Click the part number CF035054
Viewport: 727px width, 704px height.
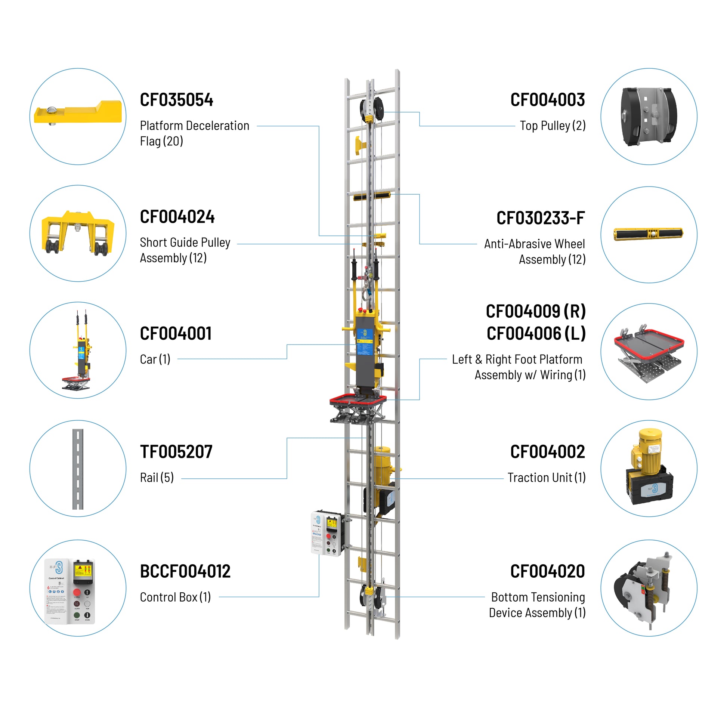pos(176,100)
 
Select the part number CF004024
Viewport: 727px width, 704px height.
pos(177,217)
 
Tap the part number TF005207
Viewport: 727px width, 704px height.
pos(176,452)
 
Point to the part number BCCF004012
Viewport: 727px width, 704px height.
pos(185,571)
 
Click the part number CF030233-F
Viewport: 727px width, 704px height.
pos(540,218)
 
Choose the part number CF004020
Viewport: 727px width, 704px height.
pos(547,571)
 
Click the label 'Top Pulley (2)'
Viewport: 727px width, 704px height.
pos(553,126)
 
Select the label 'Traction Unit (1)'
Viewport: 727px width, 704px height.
pos(546,478)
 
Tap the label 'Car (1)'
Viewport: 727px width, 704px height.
pos(155,359)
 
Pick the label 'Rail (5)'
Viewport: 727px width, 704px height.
pos(157,478)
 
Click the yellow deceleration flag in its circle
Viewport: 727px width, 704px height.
pos(78,112)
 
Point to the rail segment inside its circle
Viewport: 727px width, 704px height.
pos(78,469)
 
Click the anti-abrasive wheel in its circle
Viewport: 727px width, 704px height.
pos(648,234)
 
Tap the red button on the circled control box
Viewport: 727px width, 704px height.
pos(77,592)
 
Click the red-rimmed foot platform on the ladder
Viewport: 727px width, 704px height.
pos(358,401)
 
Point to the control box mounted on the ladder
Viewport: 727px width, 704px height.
pos(326,533)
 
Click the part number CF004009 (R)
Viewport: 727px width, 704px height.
pos(535,311)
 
